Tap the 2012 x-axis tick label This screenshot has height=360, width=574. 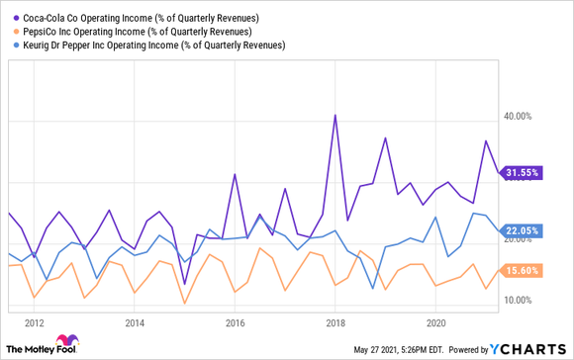click(35, 322)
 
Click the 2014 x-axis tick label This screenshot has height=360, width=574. click(135, 322)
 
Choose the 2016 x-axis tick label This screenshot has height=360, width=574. click(235, 322)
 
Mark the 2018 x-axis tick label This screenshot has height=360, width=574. click(335, 322)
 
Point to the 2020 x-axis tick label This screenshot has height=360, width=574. click(435, 322)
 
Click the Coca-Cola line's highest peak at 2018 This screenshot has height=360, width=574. click(335, 116)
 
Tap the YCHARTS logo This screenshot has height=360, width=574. click(530, 349)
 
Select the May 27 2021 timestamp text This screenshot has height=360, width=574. click(412, 350)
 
